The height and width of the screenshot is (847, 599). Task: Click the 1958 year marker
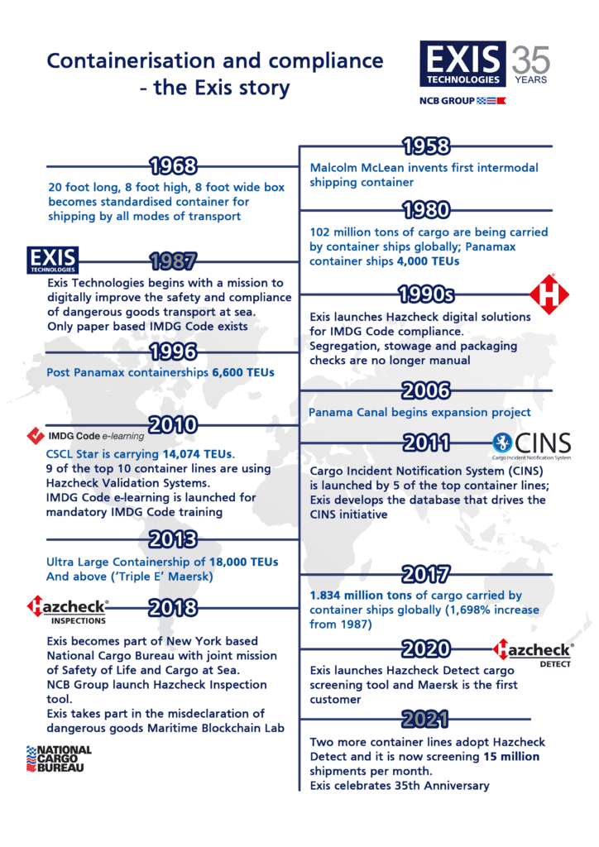coord(425,146)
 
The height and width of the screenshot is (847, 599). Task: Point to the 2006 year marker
coord(425,390)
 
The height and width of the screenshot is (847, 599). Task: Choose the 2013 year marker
coord(173,539)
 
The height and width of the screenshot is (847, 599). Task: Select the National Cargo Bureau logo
coord(60,758)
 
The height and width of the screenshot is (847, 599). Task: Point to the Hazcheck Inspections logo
coord(67,610)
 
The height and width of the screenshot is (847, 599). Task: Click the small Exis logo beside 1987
coord(53,259)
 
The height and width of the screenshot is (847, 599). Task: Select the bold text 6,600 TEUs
coord(243,373)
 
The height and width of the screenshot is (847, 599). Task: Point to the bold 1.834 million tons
coord(361,595)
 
